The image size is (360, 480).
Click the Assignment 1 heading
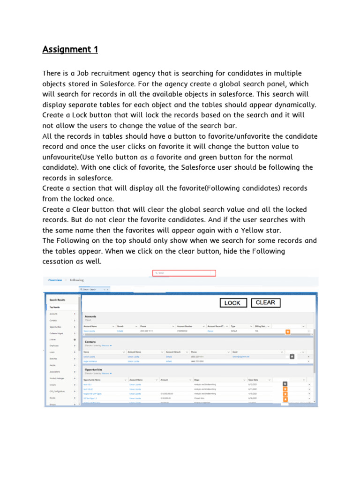[70, 49]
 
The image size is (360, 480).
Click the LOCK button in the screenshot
[232, 303]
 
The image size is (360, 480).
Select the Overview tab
[55, 280]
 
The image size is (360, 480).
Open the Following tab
[76, 280]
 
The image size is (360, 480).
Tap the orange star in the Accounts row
[288, 331]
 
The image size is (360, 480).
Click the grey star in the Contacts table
[292, 357]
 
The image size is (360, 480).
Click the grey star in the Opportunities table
[285, 383]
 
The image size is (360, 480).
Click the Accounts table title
[90, 316]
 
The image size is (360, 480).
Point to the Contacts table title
[90, 342]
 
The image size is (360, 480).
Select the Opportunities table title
[94, 369]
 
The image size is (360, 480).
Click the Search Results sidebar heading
[58, 300]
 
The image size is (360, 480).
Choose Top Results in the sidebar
[55, 307]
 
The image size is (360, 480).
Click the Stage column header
[197, 379]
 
